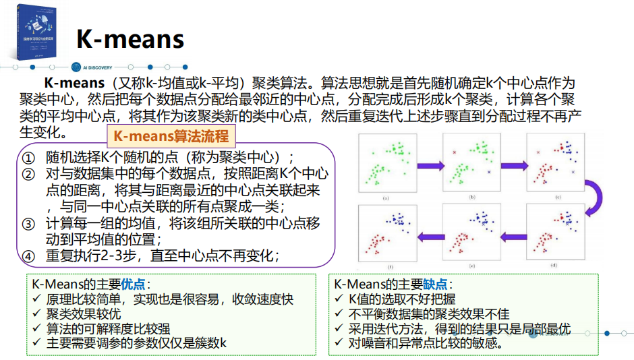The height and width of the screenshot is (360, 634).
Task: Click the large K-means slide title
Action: point(130,38)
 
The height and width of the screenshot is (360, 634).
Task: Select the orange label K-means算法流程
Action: point(171,136)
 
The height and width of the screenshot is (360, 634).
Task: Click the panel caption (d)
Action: point(554,266)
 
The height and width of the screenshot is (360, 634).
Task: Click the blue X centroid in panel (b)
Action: point(490,173)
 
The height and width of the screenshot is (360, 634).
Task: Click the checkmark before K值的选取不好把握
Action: point(339,299)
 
